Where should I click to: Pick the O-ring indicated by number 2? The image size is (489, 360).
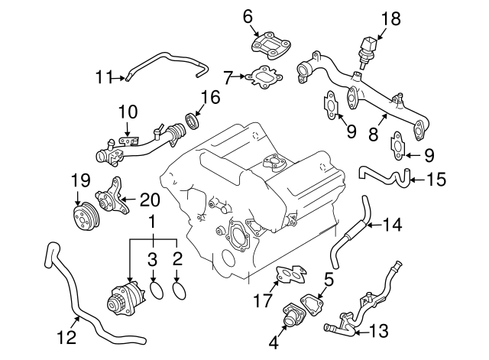pos(180,290)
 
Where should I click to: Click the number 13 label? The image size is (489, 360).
pos(378,331)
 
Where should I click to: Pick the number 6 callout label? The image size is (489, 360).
pos(247,15)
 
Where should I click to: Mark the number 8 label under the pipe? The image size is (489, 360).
pos(372,135)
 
